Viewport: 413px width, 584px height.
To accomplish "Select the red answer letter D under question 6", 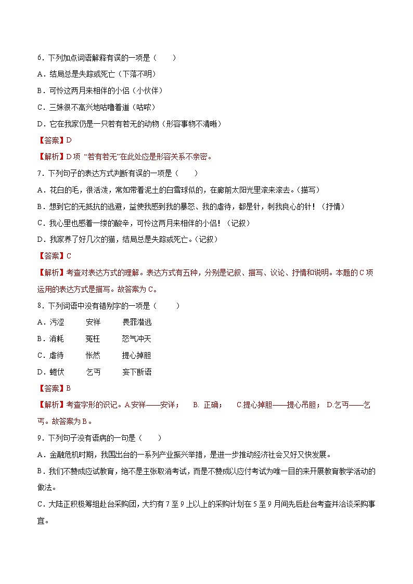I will (x=68, y=140).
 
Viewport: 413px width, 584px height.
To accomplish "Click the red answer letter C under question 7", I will (x=68, y=256).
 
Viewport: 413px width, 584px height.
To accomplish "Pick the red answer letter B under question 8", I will (x=68, y=388).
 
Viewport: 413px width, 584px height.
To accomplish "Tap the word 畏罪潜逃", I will (x=137, y=322).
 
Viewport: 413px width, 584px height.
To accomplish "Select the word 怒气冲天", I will (x=137, y=339).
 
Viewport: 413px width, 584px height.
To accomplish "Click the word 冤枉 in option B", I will (x=93, y=339).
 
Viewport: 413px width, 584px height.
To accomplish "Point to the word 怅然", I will (x=93, y=356).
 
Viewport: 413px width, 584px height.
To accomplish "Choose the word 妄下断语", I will (x=137, y=372).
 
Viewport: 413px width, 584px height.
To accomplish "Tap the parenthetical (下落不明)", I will (x=137, y=74).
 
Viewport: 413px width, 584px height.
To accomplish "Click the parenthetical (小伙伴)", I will (x=148, y=91).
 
